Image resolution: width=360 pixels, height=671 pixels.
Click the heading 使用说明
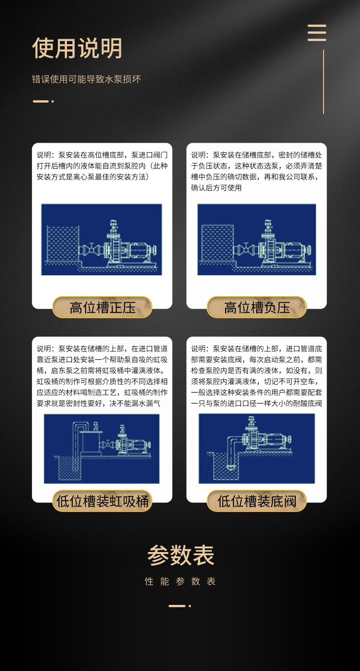click(x=77, y=48)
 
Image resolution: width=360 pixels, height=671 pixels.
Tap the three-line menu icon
click(x=317, y=33)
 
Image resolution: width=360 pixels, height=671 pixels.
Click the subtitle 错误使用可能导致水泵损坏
click(x=86, y=79)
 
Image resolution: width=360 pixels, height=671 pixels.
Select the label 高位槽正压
click(x=103, y=307)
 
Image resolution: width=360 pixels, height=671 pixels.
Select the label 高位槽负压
click(x=257, y=307)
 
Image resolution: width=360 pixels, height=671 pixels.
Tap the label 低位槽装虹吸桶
click(x=103, y=501)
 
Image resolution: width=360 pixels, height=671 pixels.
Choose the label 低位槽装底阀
click(x=257, y=501)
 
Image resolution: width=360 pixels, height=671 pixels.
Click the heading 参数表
click(x=180, y=555)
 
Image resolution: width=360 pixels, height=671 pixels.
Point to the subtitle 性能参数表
click(x=180, y=582)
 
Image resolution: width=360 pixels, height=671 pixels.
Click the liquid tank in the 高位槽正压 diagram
click(x=63, y=243)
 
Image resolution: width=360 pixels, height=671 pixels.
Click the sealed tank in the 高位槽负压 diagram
click(x=218, y=243)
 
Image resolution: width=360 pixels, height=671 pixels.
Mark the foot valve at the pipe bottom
click(x=230, y=467)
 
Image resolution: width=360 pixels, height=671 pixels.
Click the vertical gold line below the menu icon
click(x=324, y=82)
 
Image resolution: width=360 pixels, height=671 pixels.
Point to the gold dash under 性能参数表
click(x=177, y=606)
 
